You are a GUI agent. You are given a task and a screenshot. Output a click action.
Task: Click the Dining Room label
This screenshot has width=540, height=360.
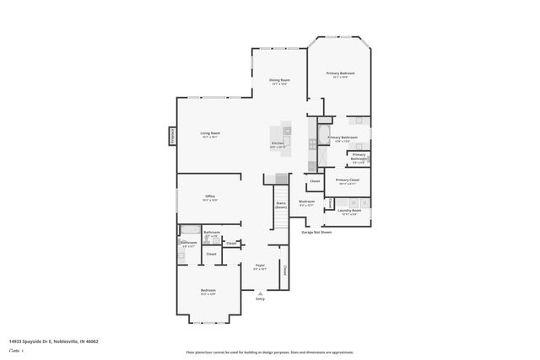pos(280,80)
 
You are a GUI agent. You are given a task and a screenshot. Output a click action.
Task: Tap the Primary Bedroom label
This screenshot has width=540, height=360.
pos(341,74)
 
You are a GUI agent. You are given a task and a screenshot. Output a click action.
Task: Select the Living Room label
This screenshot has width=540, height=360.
pos(210,133)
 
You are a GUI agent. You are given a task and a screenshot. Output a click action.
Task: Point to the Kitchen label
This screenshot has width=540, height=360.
pos(278,143)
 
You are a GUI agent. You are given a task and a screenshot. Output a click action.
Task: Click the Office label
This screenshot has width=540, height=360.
pos(210,196)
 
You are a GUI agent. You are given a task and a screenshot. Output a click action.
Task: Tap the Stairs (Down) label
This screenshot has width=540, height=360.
pos(280,204)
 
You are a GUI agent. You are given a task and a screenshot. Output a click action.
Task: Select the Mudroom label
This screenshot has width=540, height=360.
pos(306,201)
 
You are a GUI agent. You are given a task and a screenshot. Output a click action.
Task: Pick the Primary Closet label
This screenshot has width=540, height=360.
pos(348,180)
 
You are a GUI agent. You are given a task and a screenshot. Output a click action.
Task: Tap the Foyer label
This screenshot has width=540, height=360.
pos(261,266)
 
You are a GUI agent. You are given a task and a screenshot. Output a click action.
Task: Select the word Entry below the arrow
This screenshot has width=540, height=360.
pos(260,299)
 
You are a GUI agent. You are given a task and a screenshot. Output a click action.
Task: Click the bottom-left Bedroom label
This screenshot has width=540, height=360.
pos(208,290)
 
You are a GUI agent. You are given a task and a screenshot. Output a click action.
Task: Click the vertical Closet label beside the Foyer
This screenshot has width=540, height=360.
pos(285,271)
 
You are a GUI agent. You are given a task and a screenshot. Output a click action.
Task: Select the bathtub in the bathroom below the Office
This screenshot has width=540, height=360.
pos(190,229)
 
